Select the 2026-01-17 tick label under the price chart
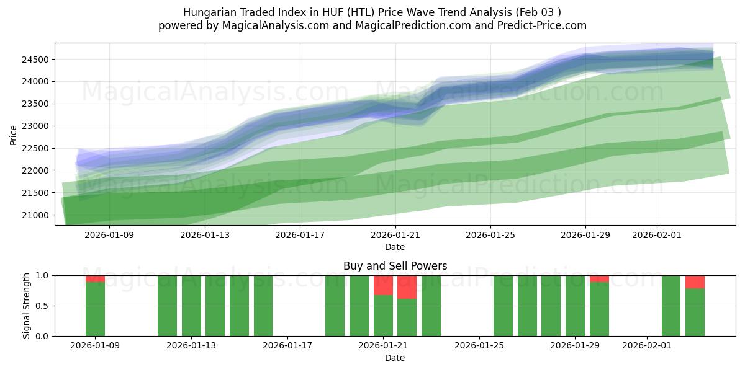[300, 235]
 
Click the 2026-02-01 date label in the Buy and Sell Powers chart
[647, 345]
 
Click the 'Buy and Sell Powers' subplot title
[395, 266]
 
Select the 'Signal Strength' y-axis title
[26, 306]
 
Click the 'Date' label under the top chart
[395, 247]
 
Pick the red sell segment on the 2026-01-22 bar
[407, 287]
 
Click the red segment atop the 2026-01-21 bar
[383, 285]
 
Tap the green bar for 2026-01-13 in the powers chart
[191, 306]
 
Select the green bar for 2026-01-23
[431, 306]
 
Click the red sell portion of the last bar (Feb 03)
[695, 281]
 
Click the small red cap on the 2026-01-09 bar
[95, 278]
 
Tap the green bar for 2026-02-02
[671, 306]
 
